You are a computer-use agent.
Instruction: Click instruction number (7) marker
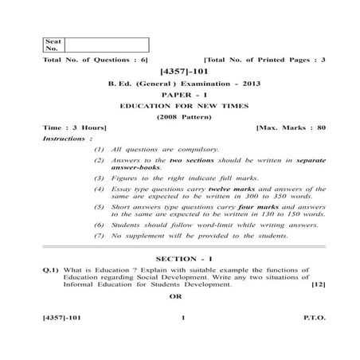[99, 236]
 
